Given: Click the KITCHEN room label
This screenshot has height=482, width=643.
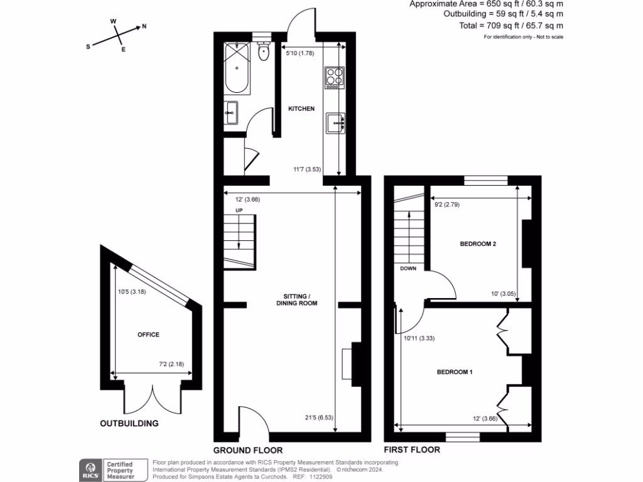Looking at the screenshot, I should point(301,109).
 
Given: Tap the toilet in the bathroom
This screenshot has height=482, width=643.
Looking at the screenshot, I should point(264,53).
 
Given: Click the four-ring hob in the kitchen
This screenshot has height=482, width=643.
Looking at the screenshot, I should point(334,77).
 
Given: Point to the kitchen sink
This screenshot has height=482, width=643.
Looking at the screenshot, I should point(335,123).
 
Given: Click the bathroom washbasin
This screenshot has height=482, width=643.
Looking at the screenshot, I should point(230,114).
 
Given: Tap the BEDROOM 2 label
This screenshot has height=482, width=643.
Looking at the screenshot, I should point(478,244).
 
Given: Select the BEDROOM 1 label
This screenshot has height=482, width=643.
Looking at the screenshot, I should point(455,372).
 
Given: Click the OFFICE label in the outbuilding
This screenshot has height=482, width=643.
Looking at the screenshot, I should point(148,335).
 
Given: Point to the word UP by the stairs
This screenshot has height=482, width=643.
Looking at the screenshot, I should point(239,210).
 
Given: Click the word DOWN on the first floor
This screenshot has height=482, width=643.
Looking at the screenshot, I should point(409,268).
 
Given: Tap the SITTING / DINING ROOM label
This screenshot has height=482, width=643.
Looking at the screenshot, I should point(297,299).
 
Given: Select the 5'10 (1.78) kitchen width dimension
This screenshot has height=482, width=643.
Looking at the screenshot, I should point(300,53).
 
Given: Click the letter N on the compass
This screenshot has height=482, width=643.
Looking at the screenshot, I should point(144,26).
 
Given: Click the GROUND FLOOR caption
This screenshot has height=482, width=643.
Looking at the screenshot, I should point(247,450).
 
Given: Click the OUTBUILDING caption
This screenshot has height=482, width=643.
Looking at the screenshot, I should point(129,424).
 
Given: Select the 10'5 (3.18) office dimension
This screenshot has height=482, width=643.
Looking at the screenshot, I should point(132,291).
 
